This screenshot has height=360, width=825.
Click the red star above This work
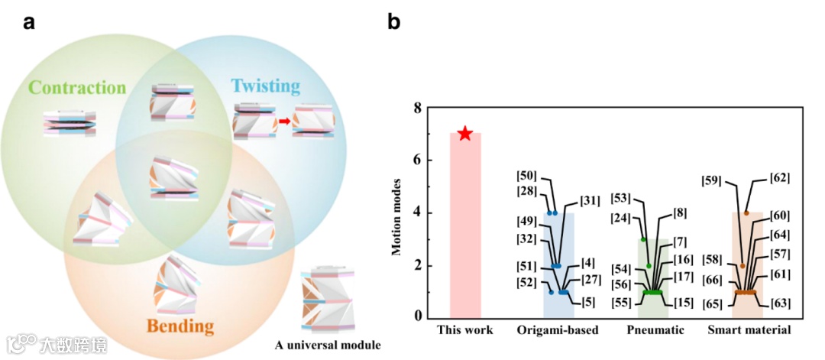coord(464,134)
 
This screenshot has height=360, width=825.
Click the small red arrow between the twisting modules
coord(283,119)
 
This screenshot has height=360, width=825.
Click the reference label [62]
coord(779,178)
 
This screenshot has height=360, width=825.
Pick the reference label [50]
coord(529,176)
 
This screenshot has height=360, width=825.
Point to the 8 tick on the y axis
coord(416,108)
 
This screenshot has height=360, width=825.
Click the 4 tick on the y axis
coord(416,212)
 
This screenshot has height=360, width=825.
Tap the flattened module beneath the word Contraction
coord(70,122)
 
